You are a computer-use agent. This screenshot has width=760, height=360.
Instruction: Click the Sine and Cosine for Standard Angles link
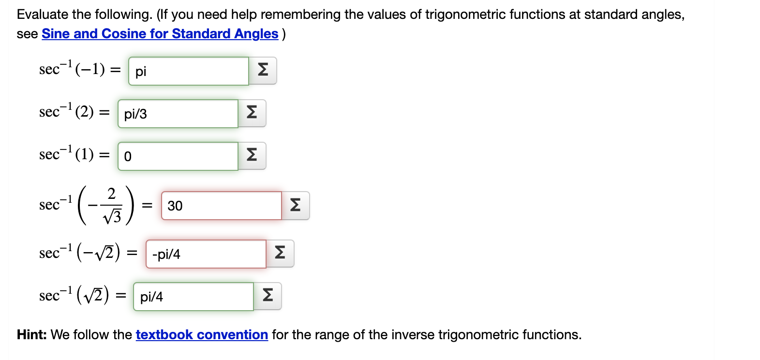click(160, 34)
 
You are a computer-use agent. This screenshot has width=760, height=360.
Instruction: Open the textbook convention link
click(202, 335)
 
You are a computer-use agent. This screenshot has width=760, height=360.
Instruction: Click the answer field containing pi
click(188, 71)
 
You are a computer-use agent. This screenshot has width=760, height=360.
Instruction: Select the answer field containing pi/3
click(178, 114)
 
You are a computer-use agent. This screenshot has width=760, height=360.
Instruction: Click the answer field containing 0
click(178, 156)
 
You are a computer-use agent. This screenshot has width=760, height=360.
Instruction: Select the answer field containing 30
click(221, 206)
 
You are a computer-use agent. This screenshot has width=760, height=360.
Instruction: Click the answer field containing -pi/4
click(206, 254)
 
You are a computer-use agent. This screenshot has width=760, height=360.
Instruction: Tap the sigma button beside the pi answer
click(263, 71)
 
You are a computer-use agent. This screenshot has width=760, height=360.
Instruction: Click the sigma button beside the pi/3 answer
click(252, 113)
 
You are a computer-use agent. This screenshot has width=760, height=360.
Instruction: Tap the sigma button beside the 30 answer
click(296, 206)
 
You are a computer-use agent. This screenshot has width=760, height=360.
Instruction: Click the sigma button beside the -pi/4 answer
click(280, 254)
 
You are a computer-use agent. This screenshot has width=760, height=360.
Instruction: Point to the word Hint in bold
click(31, 335)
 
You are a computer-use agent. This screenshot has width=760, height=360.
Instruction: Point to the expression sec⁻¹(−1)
click(72, 69)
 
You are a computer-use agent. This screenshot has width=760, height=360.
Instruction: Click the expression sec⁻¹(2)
click(66, 111)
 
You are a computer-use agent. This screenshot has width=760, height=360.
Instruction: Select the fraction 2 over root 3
click(112, 206)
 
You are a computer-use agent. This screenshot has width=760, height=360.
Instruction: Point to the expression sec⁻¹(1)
click(66, 154)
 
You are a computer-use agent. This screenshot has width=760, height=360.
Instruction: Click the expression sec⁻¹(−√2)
click(80, 252)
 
